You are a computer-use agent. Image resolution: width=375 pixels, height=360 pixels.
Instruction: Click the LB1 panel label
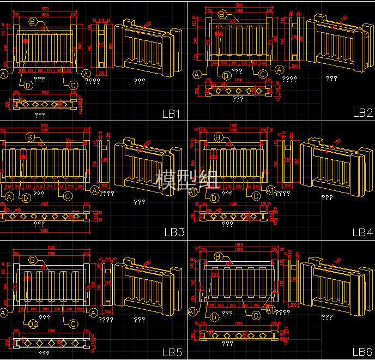coord(171,114)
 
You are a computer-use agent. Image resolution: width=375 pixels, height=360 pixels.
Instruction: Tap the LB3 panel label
coord(174,232)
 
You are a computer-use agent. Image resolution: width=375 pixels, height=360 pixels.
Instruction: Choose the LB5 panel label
coord(172,352)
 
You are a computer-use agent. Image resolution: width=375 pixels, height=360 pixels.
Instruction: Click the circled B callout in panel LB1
coord(32,22)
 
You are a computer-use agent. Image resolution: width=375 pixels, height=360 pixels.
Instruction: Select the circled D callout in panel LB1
coord(28,85)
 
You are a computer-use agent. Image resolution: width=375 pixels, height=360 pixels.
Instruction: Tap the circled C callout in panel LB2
coord(263,74)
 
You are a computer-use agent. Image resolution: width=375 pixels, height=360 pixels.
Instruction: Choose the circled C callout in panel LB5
coord(73,323)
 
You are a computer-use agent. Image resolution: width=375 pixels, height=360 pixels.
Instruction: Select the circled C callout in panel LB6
coord(256,315)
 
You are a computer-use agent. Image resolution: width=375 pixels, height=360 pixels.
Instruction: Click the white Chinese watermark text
coord(187,179)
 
